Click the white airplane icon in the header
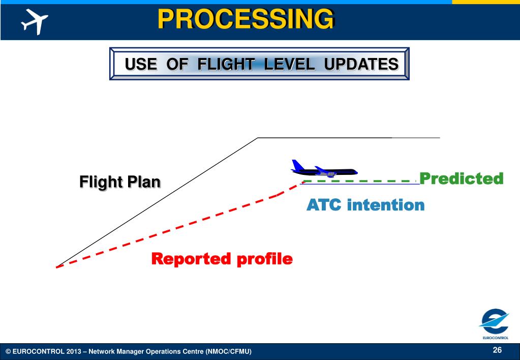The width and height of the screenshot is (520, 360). (35, 21)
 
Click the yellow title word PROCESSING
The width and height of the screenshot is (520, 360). (246, 19)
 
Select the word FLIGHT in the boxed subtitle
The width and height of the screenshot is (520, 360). (226, 64)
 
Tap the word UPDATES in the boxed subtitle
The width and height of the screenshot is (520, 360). (361, 64)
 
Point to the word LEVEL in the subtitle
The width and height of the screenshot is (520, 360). (289, 64)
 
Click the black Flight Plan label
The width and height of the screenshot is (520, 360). (120, 182)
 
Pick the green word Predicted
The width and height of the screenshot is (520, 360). (462, 178)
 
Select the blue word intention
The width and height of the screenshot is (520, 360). (386, 204)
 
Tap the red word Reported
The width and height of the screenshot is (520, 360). (191, 259)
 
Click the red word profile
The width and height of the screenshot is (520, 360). (265, 259)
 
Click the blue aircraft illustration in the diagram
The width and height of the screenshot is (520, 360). (324, 169)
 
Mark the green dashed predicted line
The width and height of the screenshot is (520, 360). (359, 181)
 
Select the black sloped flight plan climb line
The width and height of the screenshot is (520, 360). (157, 202)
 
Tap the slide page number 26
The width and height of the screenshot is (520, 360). (497, 350)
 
